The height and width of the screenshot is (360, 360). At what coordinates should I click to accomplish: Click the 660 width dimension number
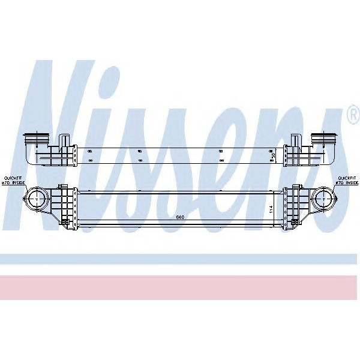coord(180,217)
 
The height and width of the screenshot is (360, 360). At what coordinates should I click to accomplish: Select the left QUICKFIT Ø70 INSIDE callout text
coord(13,180)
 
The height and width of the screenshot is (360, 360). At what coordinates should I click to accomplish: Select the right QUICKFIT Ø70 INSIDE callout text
coord(346,180)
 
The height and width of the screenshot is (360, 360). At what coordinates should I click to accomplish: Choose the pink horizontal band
coord(180,287)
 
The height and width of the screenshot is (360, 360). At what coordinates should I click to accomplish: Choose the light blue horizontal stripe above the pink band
coord(180,259)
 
